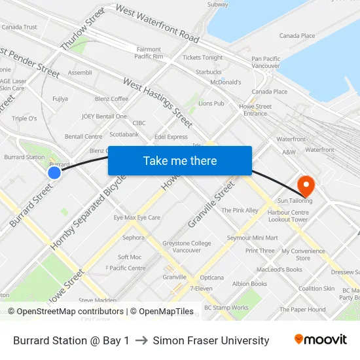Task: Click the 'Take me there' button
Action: tap(180, 160)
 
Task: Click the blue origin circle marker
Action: tap(54, 173)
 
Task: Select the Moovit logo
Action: tap(320, 340)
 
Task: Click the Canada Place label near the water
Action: tap(297, 36)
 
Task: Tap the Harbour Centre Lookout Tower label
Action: tap(288, 216)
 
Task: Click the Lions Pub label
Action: tap(211, 103)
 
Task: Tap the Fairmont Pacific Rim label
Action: tap(149, 53)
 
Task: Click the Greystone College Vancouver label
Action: tap(187, 247)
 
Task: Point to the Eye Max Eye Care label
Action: tap(137, 217)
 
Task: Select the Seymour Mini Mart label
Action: tap(252, 238)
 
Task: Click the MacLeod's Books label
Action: tap(279, 269)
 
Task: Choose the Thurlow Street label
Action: tap(82, 29)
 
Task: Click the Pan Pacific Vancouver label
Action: tap(266, 62)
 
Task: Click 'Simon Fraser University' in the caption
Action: tap(211, 340)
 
